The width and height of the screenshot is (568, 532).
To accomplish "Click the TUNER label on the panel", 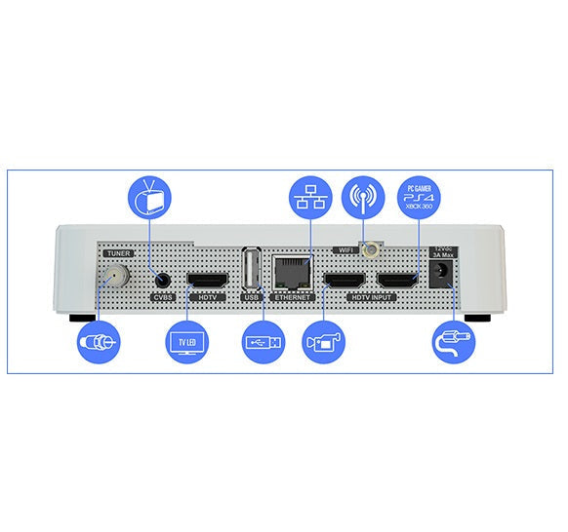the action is point(118,253).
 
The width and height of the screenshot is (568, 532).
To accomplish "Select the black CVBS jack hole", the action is point(163,280).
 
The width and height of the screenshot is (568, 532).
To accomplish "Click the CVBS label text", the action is point(163,297).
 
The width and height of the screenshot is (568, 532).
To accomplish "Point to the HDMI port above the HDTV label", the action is point(208,280).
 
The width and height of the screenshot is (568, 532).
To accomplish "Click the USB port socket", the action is point(252,268).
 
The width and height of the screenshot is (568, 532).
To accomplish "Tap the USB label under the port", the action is point(252,297).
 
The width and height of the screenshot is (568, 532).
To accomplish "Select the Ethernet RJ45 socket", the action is point(293,272).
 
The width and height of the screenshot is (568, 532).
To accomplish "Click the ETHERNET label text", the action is point(293,297).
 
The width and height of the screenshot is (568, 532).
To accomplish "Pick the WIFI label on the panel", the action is point(345,249).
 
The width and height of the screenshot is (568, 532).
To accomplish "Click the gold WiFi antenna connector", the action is point(370,249).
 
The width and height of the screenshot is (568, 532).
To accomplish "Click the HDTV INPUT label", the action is point(372,297).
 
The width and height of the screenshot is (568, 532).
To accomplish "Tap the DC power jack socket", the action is point(441,274).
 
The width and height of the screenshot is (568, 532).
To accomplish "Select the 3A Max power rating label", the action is point(443,255).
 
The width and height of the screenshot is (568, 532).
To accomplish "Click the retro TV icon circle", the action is point(150,198).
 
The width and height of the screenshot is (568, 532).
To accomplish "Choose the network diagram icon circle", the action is point(310,198).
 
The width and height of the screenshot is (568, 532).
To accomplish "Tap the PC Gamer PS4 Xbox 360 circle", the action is point(419,198).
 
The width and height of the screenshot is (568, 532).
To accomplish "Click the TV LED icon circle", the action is point(187,342).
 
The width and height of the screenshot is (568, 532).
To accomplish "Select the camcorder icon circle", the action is point(323,342).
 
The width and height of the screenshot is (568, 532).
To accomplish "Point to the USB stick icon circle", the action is point(264,342).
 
